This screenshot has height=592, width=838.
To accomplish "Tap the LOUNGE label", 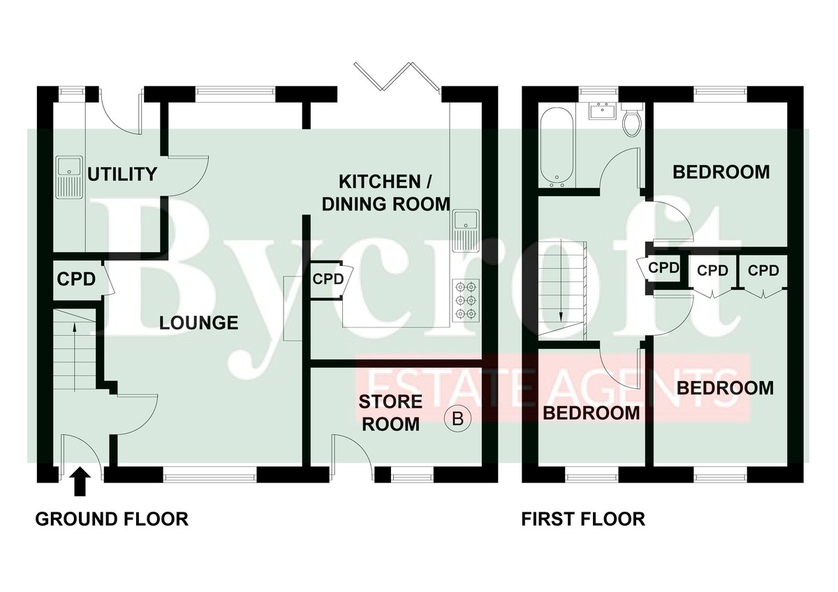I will (x=199, y=323).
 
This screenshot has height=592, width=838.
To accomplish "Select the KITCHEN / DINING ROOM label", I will (x=394, y=193).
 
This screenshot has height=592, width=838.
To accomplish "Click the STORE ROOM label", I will (x=390, y=413).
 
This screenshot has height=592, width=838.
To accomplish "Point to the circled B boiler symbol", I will (x=458, y=419).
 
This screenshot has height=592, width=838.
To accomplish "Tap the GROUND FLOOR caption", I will (x=112, y=519).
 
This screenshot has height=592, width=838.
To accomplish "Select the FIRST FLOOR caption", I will (x=583, y=519).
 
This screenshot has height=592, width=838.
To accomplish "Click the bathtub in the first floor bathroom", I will (x=557, y=147).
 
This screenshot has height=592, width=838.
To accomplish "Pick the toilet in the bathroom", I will (x=631, y=120).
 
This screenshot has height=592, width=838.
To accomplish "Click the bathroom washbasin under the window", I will (x=601, y=111).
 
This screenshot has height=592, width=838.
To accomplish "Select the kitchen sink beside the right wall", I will (x=464, y=229).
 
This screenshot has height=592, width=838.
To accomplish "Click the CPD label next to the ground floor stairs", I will (x=75, y=279).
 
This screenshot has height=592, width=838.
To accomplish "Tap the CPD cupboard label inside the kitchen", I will (x=328, y=279).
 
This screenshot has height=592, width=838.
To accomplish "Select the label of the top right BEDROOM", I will (x=721, y=172).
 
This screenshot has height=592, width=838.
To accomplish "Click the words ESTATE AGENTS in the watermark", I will (x=552, y=388).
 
